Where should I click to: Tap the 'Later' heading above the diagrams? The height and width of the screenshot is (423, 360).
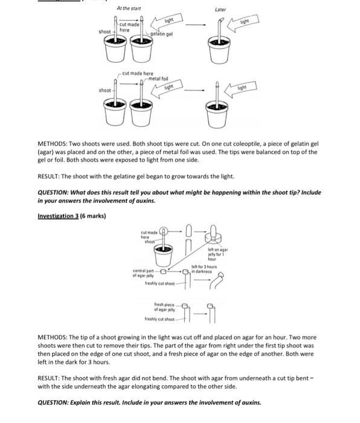pyautogui.click(x=220, y=10)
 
